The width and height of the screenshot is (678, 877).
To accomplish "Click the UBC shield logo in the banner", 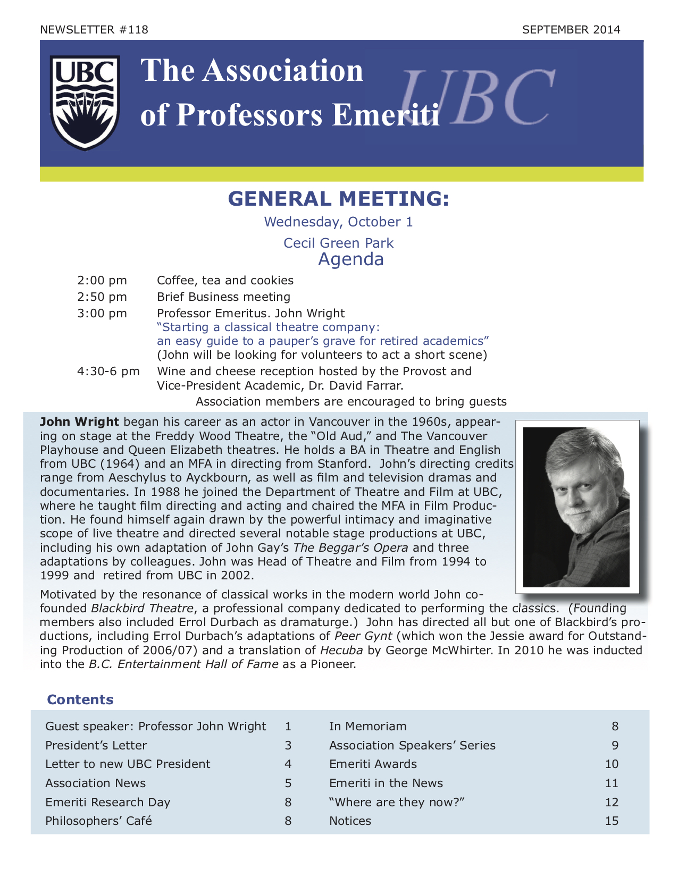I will click(85, 103).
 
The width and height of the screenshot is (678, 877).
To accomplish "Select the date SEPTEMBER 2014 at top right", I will click(571, 30).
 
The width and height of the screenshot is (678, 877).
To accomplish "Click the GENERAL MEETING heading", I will click(338, 199).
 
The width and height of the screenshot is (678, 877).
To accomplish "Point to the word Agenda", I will click(350, 259).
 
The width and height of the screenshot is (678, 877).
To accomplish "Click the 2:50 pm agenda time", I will click(102, 297).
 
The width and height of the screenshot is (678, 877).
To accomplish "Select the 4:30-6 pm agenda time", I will click(108, 371).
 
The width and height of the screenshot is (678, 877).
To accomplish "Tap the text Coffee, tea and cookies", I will click(225, 280).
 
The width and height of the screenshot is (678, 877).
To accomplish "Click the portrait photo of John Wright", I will click(576, 507).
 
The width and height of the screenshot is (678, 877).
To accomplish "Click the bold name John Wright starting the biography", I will click(79, 422).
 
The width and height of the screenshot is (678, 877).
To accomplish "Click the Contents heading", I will click(80, 699).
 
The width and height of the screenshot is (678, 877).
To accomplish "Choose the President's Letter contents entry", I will click(96, 745).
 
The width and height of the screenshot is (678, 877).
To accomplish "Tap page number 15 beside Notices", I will click(612, 821).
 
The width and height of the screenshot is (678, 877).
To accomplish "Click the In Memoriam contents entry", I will click(367, 726).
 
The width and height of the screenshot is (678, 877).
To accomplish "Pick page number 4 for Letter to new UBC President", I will click(288, 764).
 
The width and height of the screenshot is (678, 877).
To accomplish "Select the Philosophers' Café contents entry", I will click(98, 821).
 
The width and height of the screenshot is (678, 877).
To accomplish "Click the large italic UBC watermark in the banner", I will click(476, 98).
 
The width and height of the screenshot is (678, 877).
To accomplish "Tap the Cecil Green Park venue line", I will click(338, 243).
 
